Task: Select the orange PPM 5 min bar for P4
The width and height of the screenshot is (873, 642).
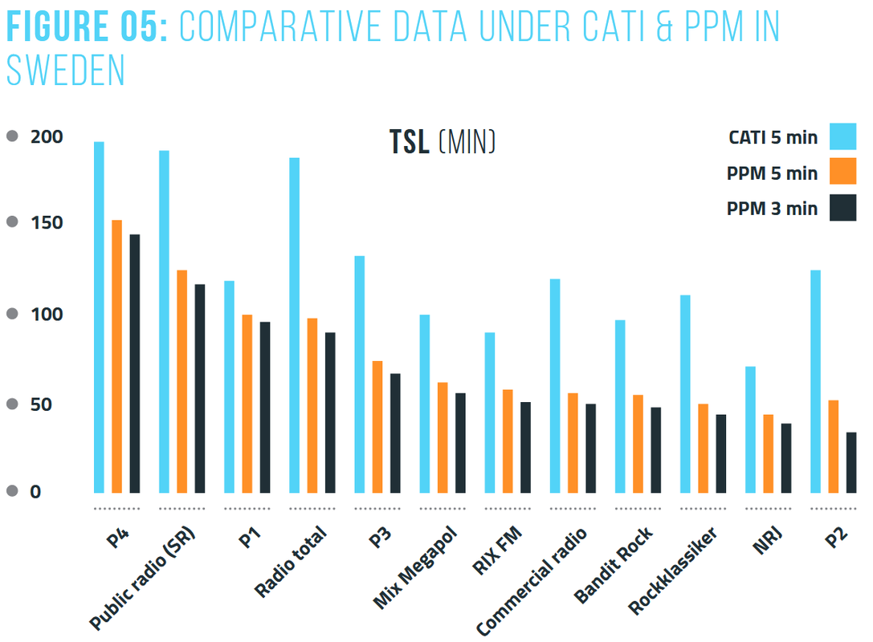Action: click(117, 356)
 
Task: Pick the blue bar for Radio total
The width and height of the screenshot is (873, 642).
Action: click(295, 325)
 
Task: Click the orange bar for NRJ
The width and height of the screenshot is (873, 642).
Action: click(769, 453)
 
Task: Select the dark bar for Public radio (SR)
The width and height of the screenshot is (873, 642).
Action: click(200, 388)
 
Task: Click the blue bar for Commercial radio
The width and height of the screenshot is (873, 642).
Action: click(555, 385)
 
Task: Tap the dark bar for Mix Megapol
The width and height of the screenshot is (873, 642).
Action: click(460, 443)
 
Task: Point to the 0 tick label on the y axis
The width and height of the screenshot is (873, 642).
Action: click(35, 492)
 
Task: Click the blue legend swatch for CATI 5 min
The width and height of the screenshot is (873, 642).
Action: click(842, 136)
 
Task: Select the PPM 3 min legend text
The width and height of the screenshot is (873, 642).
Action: click(772, 209)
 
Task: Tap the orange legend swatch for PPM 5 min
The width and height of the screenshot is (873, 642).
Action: click(842, 172)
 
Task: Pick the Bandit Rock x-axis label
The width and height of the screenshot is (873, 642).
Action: click(613, 567)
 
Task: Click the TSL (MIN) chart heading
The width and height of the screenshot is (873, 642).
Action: click(443, 142)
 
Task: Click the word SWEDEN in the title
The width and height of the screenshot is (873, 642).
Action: click(66, 71)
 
